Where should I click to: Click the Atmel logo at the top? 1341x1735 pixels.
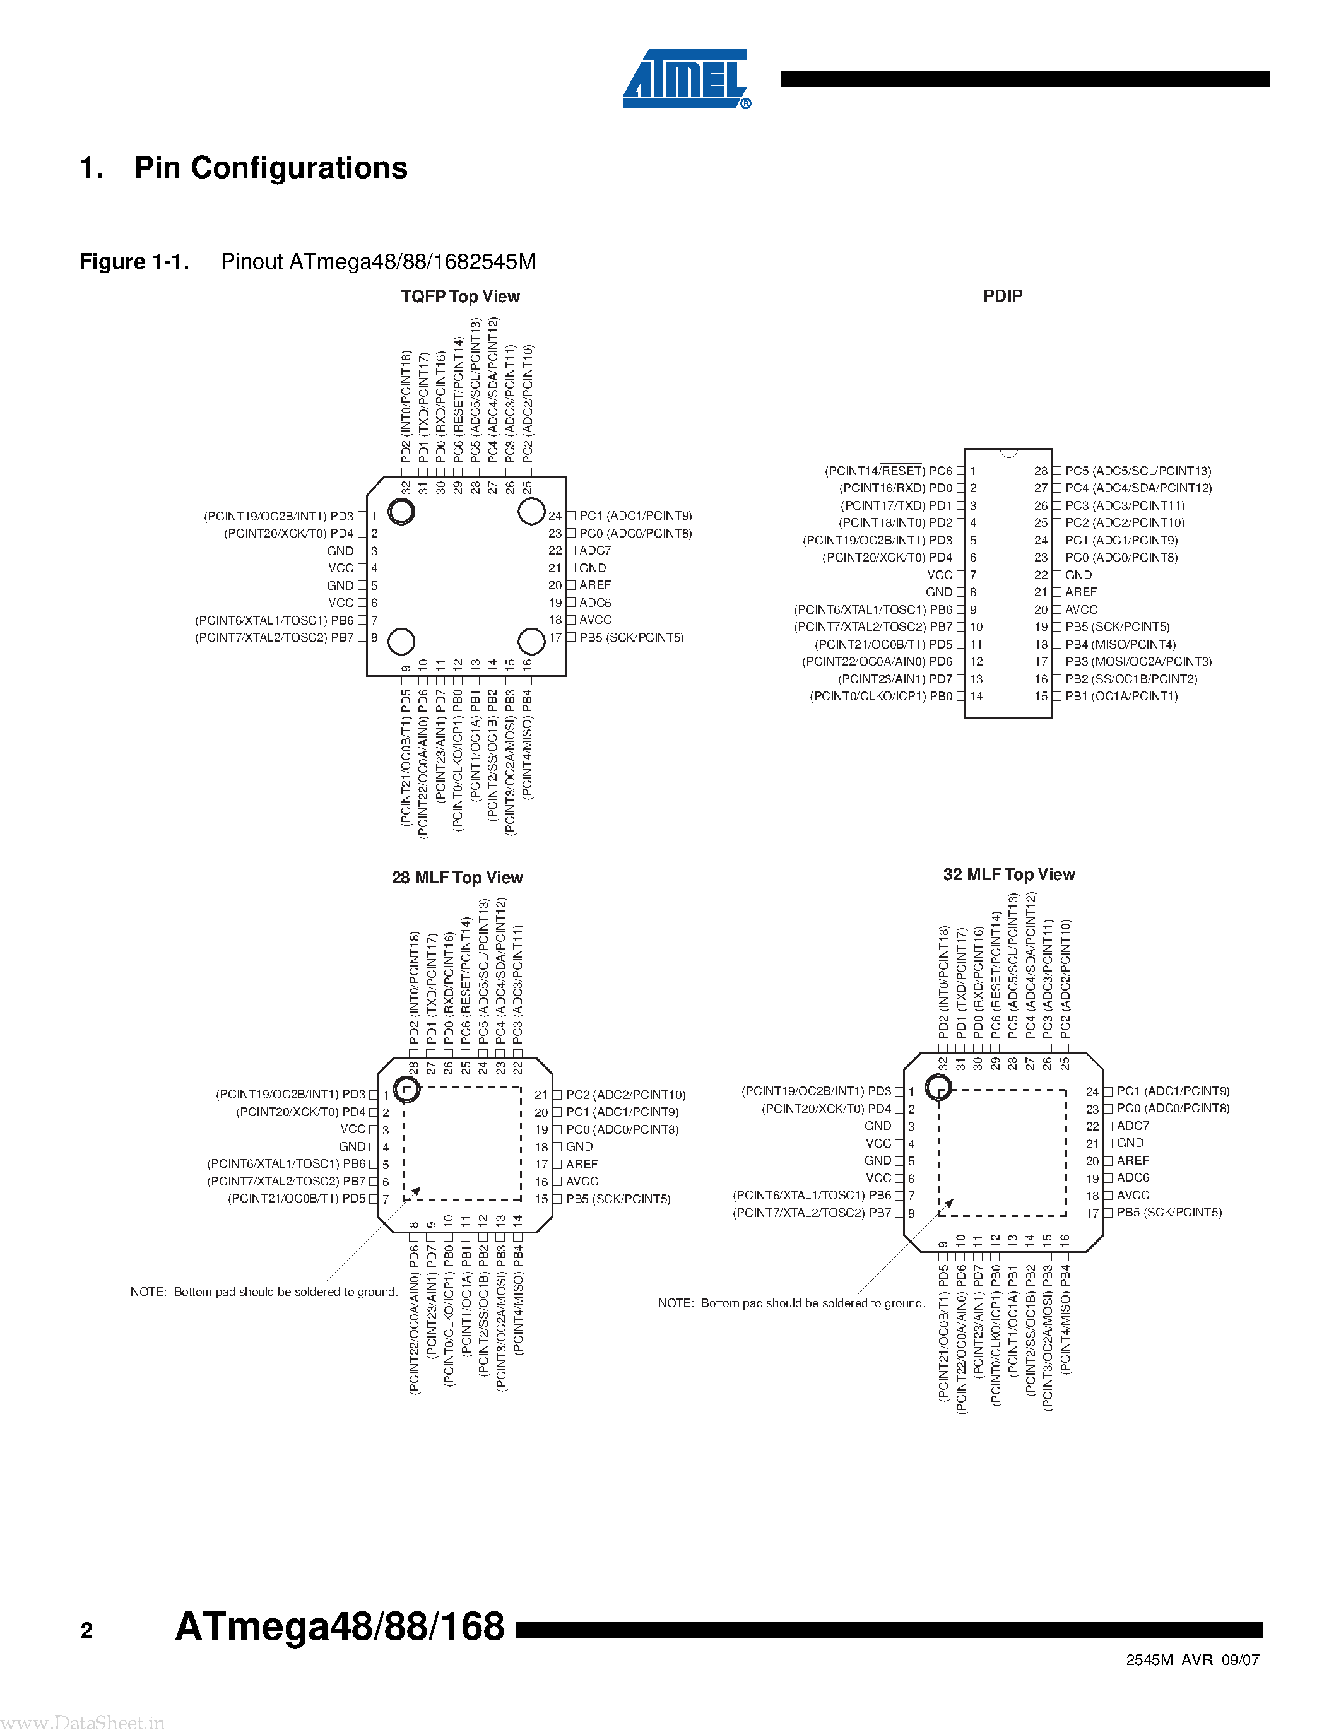click(685, 79)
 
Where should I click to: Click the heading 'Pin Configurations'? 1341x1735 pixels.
click(270, 168)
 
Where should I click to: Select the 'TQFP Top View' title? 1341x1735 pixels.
click(460, 297)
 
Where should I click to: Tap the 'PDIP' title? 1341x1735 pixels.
click(1003, 295)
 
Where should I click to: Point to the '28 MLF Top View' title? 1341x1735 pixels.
click(457, 877)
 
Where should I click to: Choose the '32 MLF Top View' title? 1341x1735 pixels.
click(1009, 874)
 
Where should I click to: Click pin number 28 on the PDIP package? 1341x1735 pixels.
click(1041, 471)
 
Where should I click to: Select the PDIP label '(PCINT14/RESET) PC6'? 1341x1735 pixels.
click(888, 471)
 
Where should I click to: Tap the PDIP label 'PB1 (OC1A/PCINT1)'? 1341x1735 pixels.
click(1121, 696)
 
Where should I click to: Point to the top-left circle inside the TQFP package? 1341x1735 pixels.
click(402, 511)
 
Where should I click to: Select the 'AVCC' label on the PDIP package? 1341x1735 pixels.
click(1081, 609)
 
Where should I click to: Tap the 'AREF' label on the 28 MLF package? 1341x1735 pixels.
click(582, 1164)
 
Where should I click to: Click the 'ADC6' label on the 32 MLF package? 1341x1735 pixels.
click(1133, 1177)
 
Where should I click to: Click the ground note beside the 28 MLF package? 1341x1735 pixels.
click(264, 1291)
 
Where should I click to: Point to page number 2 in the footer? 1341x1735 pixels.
click(86, 1631)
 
